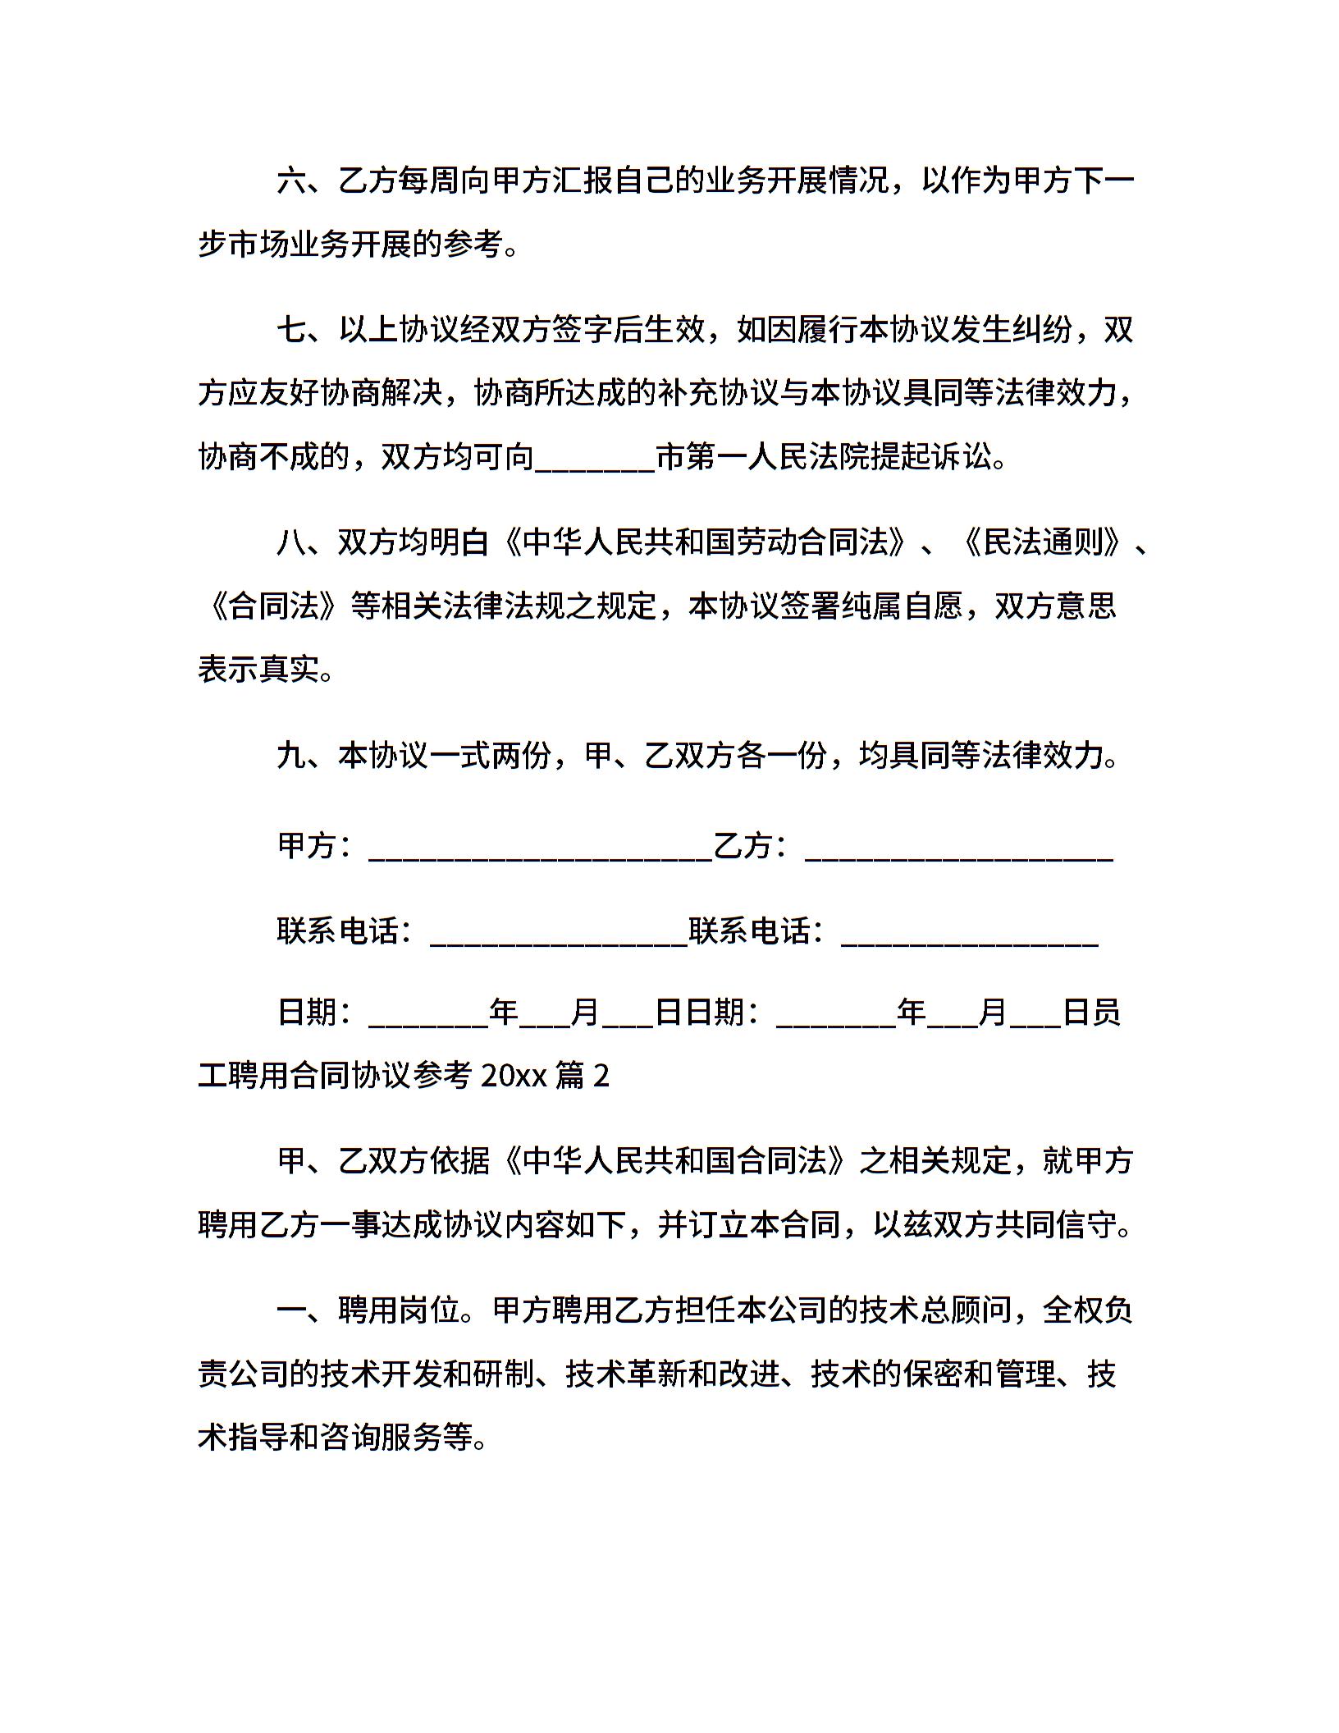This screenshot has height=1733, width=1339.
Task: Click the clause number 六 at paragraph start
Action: [291, 180]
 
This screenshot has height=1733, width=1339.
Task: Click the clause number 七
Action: [291, 330]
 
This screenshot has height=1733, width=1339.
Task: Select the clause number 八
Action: [291, 542]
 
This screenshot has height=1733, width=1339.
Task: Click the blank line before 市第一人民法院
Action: [595, 460]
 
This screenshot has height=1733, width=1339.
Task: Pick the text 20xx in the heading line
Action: [514, 1075]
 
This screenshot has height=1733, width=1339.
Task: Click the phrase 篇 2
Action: [583, 1075]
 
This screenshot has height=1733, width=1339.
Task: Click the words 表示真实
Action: [258, 670]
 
